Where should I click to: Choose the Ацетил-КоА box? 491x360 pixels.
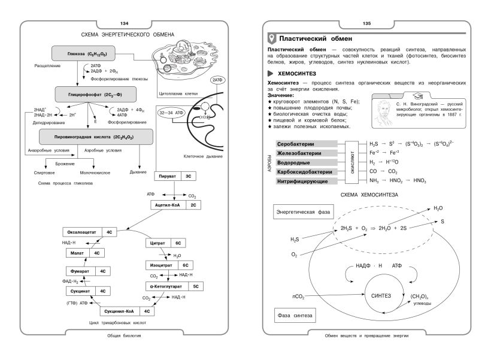[176, 205]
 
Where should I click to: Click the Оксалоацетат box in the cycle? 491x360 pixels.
[89, 231]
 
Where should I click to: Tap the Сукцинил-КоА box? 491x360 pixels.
[126, 311]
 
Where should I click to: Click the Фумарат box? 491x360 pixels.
[89, 271]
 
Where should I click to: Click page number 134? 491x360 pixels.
[125, 23]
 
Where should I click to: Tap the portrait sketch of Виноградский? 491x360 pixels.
[382, 113]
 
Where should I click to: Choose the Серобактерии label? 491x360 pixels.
[304, 144]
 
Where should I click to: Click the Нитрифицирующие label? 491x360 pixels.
[304, 181]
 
